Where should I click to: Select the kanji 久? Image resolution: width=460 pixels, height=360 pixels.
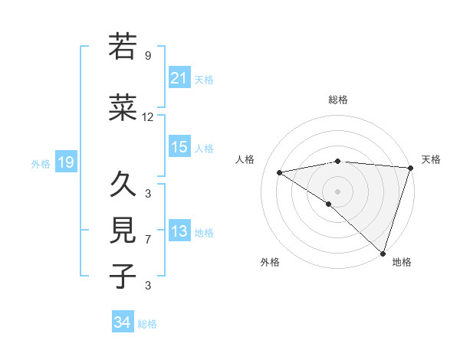pyautogui.click(x=123, y=184)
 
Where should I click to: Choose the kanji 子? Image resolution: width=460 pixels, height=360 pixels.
pyautogui.click(x=123, y=276)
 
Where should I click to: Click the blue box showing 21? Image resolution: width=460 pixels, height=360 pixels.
pyautogui.click(x=179, y=78)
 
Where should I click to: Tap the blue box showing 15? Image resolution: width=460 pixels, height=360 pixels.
pyautogui.click(x=179, y=147)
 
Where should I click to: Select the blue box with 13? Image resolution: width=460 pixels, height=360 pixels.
pyautogui.click(x=179, y=232)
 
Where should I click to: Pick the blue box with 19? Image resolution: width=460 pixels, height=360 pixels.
pyautogui.click(x=66, y=162)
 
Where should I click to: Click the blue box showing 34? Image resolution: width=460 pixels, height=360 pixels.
pyautogui.click(x=123, y=322)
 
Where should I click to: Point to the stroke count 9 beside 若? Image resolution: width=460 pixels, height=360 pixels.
pyautogui.click(x=148, y=56)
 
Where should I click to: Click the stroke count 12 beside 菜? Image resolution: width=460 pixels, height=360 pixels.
pyautogui.click(x=148, y=117)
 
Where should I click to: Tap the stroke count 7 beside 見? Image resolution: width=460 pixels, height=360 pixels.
pyautogui.click(x=148, y=240)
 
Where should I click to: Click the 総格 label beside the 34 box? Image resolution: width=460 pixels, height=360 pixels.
pyautogui.click(x=147, y=324)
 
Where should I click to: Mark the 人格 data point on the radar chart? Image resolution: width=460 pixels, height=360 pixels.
pyautogui.click(x=280, y=172)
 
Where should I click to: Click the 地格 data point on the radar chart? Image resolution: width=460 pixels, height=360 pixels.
pyautogui.click(x=383, y=253)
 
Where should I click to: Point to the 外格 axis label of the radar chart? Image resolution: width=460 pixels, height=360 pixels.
pyautogui.click(x=270, y=262)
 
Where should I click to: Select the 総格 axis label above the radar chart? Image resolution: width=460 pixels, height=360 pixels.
pyautogui.click(x=337, y=100)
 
